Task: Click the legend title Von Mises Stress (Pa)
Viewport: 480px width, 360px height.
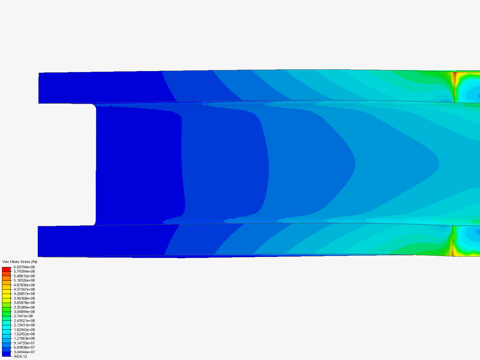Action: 20,262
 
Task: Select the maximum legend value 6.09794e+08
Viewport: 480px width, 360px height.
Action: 24,267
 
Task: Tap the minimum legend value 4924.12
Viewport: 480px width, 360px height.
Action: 20,356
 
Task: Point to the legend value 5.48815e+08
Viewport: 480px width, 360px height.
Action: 24,276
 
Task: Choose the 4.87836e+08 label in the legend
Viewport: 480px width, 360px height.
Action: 24,285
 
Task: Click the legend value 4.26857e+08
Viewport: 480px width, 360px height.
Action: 24,294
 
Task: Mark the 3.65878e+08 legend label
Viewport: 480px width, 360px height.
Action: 24,303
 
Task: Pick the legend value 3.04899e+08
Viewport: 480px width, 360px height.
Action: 24,312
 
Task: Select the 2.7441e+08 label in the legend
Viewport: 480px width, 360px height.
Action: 23,316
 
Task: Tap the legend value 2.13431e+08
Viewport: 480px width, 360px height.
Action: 24,325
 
